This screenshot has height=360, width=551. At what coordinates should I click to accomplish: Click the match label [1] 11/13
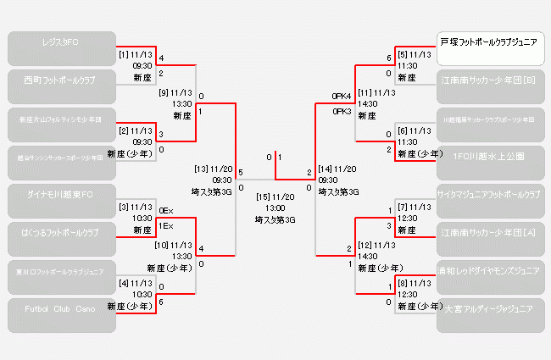point(136,54)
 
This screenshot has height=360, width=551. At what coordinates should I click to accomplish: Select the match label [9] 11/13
point(175,92)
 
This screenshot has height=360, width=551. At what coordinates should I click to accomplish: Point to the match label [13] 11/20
point(213,169)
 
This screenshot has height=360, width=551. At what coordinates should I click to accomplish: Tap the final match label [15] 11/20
point(275,197)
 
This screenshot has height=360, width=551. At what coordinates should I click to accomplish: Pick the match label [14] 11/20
point(338,169)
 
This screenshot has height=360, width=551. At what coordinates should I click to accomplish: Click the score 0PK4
point(342,96)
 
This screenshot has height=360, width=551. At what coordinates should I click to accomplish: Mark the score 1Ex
point(165,226)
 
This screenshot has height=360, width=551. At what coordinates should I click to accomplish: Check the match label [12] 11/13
point(376,245)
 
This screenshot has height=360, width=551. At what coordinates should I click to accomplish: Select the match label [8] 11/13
point(415,283)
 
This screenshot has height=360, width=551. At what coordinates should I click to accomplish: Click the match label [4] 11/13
point(135,283)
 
